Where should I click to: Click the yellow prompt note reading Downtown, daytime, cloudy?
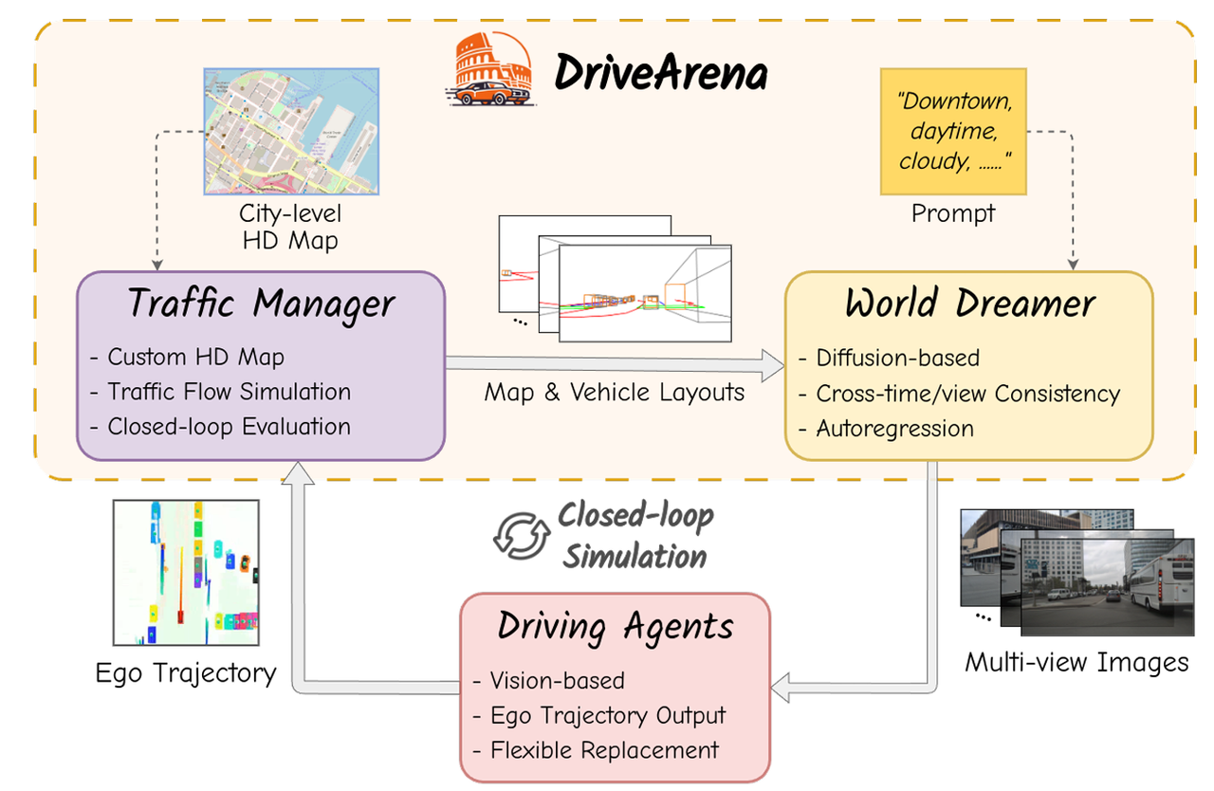click(952, 132)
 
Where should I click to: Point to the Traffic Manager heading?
click(260, 304)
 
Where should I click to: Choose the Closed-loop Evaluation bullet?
click(228, 427)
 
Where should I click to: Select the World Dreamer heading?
click(969, 304)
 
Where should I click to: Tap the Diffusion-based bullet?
click(896, 358)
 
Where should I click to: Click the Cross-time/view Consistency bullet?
click(967, 393)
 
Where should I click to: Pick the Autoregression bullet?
click(893, 429)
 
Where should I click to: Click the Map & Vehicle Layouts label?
click(614, 393)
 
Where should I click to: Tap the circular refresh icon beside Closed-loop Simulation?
click(521, 535)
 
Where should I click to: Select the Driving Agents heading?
click(616, 627)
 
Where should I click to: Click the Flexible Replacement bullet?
click(603, 749)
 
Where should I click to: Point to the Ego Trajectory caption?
click(186, 673)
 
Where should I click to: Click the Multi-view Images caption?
click(1076, 661)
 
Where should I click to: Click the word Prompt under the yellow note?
click(952, 213)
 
